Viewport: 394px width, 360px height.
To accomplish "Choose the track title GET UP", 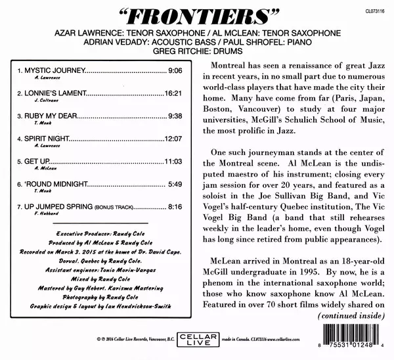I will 37,162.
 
